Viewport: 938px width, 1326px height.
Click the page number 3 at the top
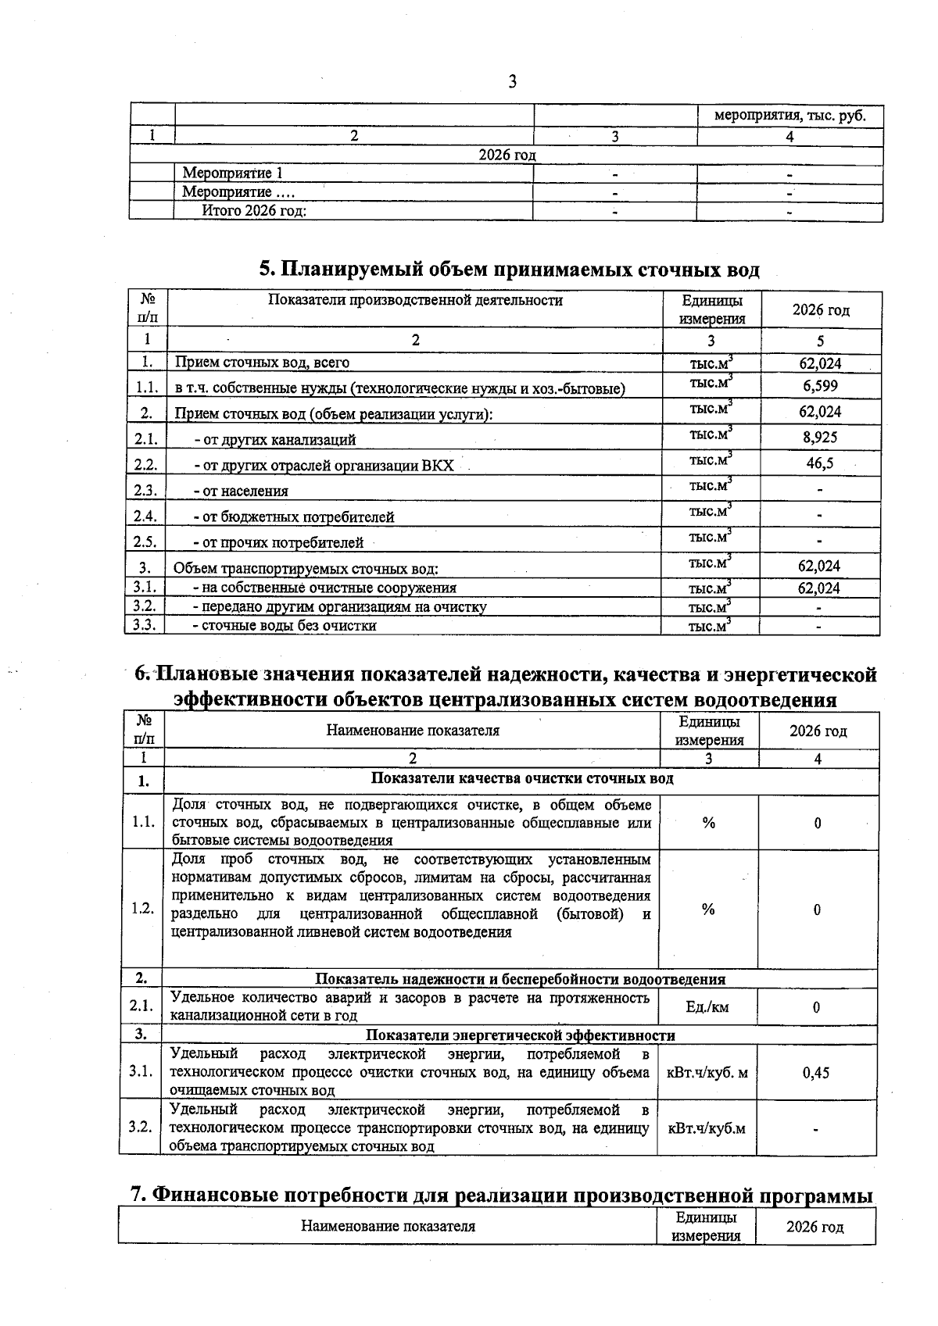tap(512, 81)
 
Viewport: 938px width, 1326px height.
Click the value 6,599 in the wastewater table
tap(819, 386)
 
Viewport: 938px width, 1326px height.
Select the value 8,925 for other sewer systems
tap(819, 438)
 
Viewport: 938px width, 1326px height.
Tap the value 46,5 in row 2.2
tap(819, 463)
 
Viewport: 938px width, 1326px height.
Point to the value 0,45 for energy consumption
tap(816, 1073)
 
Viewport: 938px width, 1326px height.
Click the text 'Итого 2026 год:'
tap(253, 210)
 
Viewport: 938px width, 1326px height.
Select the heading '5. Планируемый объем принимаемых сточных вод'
tap(509, 270)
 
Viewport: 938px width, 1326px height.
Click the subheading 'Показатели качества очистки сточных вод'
tap(521, 779)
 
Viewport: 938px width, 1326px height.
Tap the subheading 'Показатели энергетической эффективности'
tap(521, 1035)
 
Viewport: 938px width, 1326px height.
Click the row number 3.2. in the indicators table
tap(141, 1127)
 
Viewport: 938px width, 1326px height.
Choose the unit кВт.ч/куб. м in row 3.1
tap(707, 1073)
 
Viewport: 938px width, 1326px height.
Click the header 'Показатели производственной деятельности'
tap(415, 300)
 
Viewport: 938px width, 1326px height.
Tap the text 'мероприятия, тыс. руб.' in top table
tap(789, 116)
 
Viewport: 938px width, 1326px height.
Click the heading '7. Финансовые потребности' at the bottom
tap(500, 1196)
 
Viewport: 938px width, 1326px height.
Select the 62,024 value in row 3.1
tap(818, 588)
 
